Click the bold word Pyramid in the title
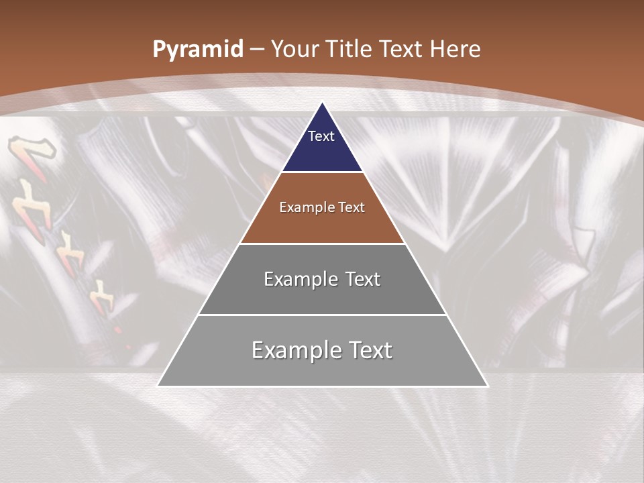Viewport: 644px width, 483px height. (198, 50)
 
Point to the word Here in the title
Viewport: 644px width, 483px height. (455, 50)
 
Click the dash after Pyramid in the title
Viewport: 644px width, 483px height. (257, 50)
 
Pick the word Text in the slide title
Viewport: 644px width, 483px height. (402, 50)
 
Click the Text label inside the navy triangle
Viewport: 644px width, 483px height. (321, 136)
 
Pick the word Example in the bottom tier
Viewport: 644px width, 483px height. (292, 350)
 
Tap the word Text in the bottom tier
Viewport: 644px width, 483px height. (369, 350)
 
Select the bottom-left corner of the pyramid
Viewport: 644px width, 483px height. (159, 385)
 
